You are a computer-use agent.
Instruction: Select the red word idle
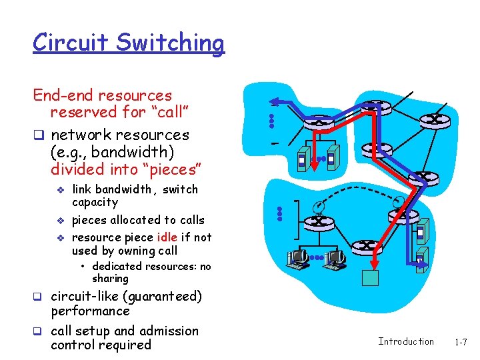(166, 237)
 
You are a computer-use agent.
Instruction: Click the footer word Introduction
(405, 341)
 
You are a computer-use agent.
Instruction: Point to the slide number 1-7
(461, 341)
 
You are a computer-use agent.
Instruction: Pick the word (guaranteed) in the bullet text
(160, 296)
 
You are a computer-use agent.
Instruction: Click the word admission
(168, 331)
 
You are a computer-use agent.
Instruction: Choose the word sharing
(110, 279)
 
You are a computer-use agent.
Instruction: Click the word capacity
(95, 203)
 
